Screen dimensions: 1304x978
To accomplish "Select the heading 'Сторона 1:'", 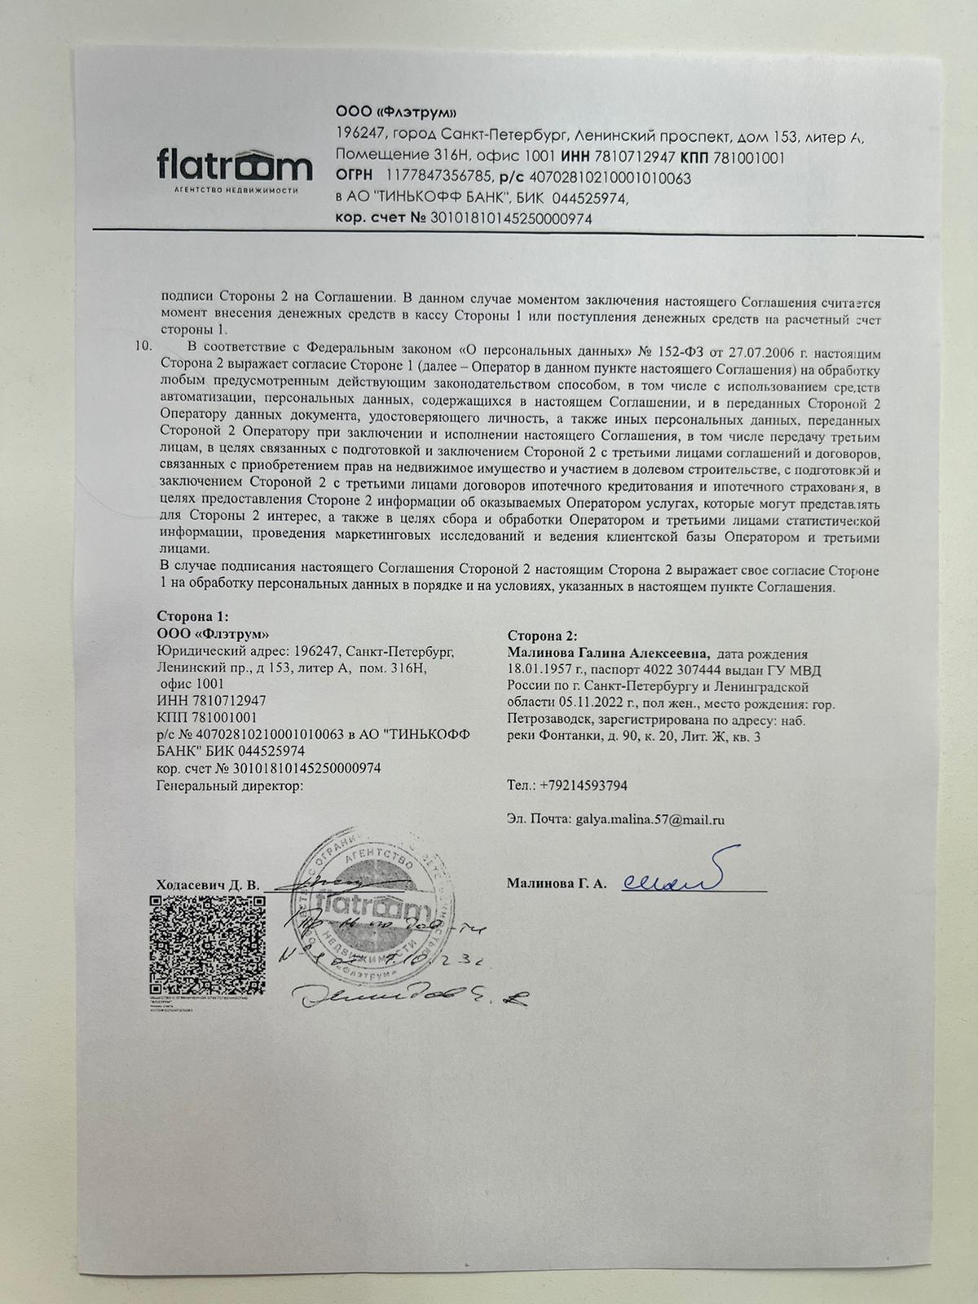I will tap(187, 617).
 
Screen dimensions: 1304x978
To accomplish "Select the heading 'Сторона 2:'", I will tap(541, 636).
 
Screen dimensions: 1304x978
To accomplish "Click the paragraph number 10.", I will tap(143, 345).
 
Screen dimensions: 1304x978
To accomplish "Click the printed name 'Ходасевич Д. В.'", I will tap(207, 885).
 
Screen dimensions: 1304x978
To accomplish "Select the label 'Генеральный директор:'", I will tap(229, 786).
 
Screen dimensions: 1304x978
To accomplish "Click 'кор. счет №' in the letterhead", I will tap(381, 218).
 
